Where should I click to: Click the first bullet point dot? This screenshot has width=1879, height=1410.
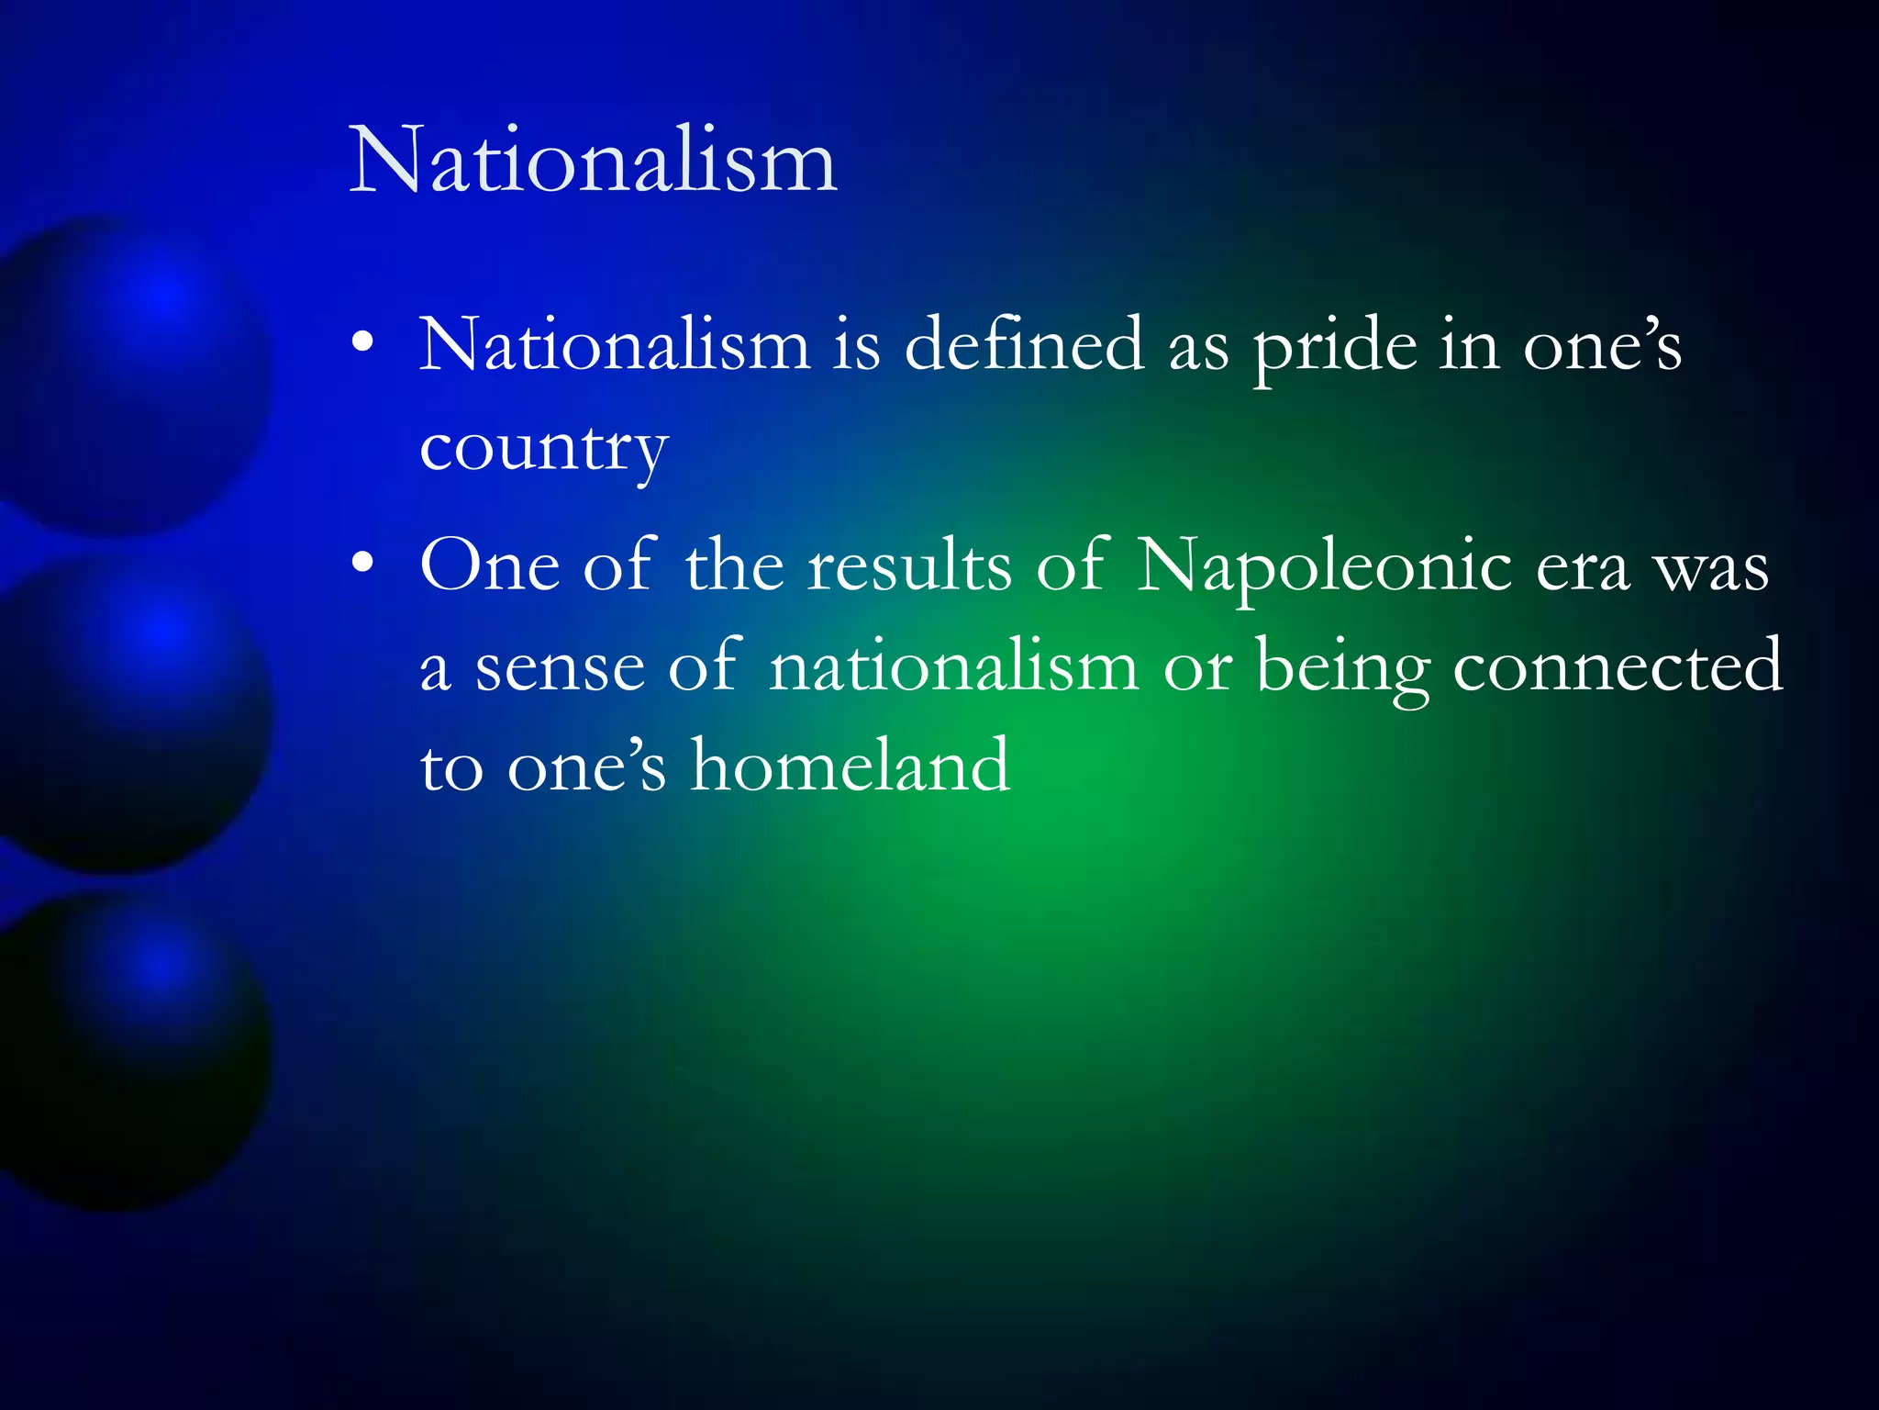click(363, 341)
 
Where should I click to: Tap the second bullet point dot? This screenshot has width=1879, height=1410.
click(363, 562)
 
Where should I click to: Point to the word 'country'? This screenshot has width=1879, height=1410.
click(543, 450)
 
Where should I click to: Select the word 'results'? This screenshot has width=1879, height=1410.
click(909, 565)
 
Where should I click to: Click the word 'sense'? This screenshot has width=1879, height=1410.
click(559, 668)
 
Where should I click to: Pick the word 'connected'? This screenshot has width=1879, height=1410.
click(1618, 665)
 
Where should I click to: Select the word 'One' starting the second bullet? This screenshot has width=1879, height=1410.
click(489, 565)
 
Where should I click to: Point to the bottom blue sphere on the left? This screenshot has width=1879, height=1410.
click(128, 1051)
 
